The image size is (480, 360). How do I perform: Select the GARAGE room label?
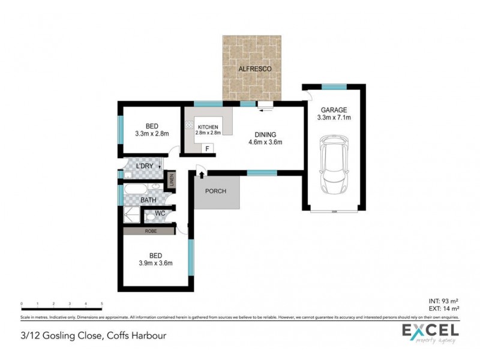click(x=335, y=110)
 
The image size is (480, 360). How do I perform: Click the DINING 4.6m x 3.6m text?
click(x=265, y=139)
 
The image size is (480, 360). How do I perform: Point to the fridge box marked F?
click(x=207, y=148)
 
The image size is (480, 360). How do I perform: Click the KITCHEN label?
click(x=208, y=127)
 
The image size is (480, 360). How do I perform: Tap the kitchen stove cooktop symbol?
click(x=188, y=126)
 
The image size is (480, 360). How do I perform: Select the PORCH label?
click(x=215, y=193)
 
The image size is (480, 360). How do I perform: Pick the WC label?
click(x=160, y=213)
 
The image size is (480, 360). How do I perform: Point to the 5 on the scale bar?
click(x=102, y=304)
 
